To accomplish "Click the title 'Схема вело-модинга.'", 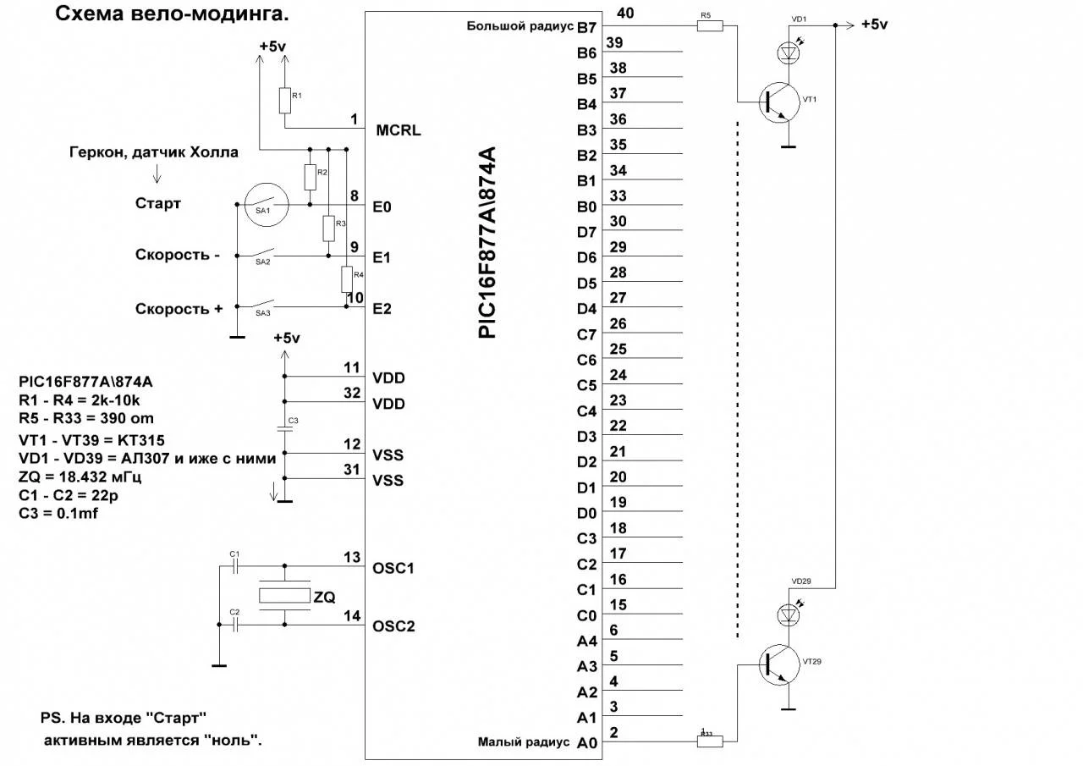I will (x=179, y=14).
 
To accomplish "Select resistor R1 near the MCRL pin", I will (x=284, y=101).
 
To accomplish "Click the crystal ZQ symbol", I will (x=284, y=596).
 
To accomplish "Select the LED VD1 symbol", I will (x=789, y=52).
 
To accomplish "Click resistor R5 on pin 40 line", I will (x=710, y=26).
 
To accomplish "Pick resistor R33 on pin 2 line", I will (x=710, y=741).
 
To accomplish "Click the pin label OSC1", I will (x=393, y=568).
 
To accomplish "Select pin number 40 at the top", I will (x=626, y=14).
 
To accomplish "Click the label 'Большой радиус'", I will (x=520, y=26).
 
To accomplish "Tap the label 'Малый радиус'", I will (x=525, y=742).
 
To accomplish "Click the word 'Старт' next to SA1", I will (x=158, y=204).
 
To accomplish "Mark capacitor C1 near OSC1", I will (x=236, y=565).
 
